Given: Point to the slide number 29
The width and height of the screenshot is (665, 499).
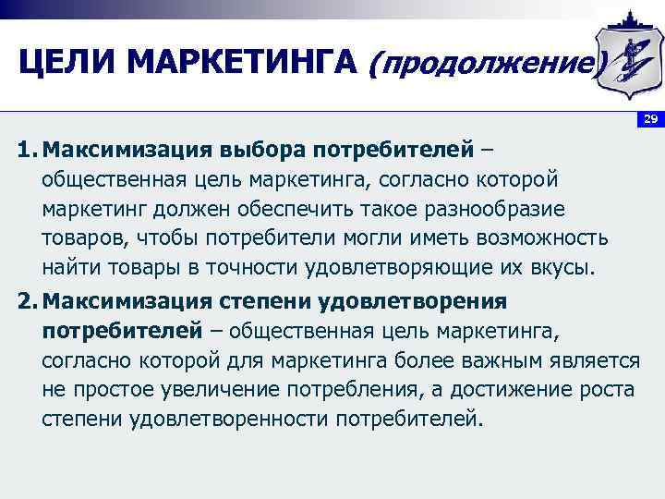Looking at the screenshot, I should [x=650, y=120].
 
